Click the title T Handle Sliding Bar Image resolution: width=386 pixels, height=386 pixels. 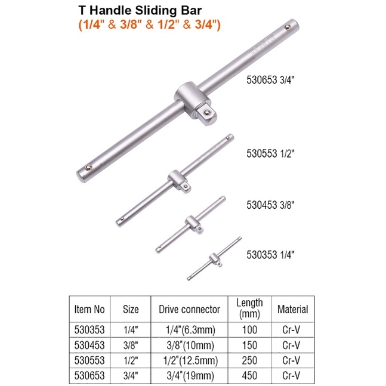[140, 11]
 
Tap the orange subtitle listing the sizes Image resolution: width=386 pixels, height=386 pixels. [149, 24]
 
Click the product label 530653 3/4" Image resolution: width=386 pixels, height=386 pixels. [270, 80]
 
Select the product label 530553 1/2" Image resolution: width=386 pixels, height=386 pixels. [270, 153]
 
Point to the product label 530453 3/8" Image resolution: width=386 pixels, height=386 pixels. [270, 205]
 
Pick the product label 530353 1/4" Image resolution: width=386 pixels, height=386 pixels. [270, 255]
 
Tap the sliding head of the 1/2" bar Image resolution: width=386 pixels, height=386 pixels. [179, 181]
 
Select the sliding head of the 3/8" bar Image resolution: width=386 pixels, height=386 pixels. [194, 224]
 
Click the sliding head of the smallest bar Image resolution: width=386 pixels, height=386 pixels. [215, 260]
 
